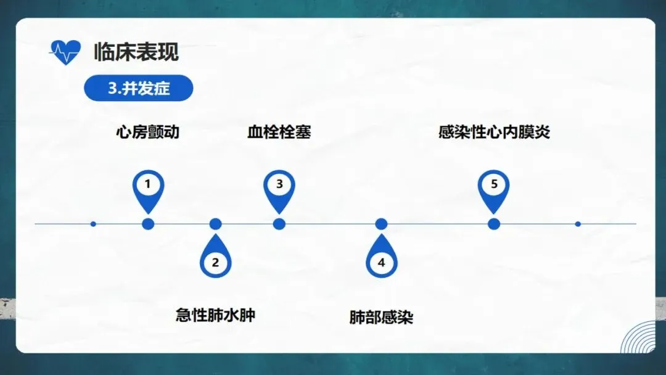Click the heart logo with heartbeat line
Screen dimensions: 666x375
click(65, 52)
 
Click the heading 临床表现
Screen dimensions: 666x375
click(136, 52)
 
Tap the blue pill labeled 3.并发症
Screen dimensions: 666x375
click(139, 88)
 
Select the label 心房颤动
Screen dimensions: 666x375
click(147, 132)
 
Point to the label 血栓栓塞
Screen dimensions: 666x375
click(279, 132)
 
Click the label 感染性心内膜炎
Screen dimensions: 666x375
click(494, 132)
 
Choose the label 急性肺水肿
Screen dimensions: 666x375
click(215, 315)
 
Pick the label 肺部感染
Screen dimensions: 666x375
click(381, 318)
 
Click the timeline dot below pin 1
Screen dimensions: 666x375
click(147, 224)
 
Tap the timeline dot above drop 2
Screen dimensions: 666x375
click(215, 224)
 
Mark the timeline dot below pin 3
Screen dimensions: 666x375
click(279, 224)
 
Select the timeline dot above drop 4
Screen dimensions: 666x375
click(381, 224)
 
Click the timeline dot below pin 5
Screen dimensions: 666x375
click(494, 224)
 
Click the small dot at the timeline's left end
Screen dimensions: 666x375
click(93, 224)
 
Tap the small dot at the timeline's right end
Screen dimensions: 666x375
click(578, 224)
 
